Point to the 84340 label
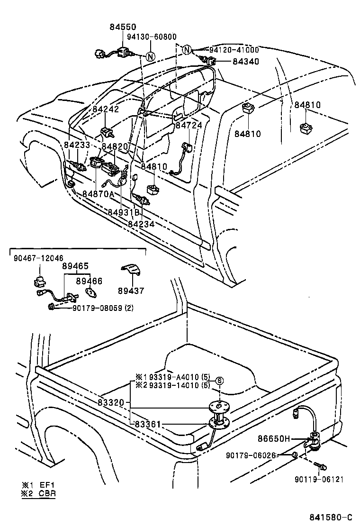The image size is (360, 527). pyautogui.click(x=245, y=61)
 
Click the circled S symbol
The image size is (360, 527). pyautogui.click(x=219, y=381)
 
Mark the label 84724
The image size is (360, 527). pyautogui.click(x=189, y=126)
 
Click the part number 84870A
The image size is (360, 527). pyautogui.click(x=98, y=194)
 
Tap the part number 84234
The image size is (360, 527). pyautogui.click(x=141, y=223)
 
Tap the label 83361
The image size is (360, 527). pyautogui.click(x=149, y=423)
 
